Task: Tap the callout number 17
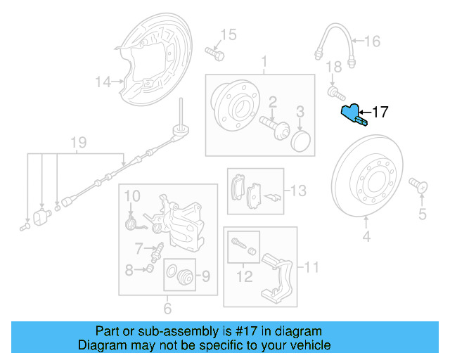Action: coord(380,112)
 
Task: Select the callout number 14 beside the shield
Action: coord(103,82)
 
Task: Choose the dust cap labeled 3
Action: coord(300,139)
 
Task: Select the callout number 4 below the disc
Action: coord(366,236)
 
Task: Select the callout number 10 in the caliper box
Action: coord(133,194)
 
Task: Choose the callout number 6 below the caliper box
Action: coord(167,308)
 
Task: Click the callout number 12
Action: coord(243,277)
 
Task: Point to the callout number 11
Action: coord(311,266)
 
